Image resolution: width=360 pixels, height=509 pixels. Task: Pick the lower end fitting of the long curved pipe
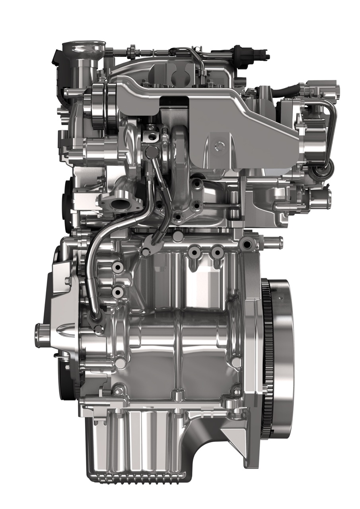click(x=97, y=316)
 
